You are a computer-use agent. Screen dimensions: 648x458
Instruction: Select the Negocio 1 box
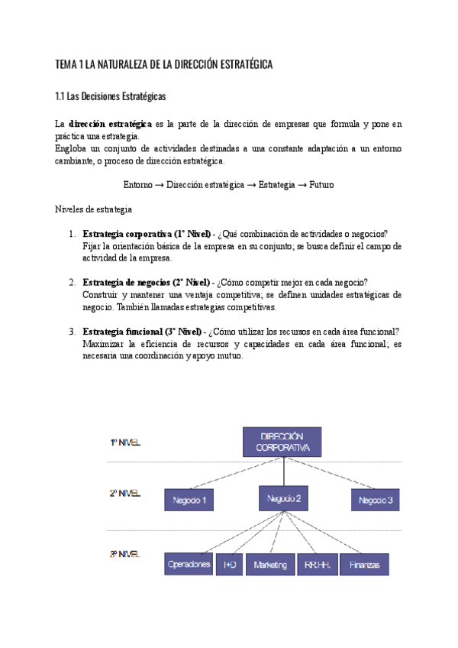tap(190, 500)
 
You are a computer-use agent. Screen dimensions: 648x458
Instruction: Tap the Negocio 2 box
tap(283, 498)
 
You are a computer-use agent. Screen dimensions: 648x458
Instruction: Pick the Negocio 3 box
tap(376, 500)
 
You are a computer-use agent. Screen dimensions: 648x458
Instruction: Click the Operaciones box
tap(189, 564)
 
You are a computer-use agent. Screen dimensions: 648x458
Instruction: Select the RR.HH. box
tap(316, 564)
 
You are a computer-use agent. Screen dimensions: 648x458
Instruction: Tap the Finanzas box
tap(366, 564)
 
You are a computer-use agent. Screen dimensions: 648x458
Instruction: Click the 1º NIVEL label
tap(125, 442)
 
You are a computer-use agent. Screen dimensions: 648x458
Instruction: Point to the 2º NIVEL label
tap(125, 494)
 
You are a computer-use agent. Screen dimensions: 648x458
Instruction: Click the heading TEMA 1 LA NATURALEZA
tap(164, 65)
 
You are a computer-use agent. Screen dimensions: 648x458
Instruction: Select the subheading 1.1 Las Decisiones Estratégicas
tap(110, 97)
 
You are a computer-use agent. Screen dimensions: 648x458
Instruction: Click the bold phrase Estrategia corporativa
tap(127, 233)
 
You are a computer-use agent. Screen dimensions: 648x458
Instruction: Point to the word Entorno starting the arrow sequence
tap(138, 185)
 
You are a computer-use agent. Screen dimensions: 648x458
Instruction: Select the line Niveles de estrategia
tap(94, 209)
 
